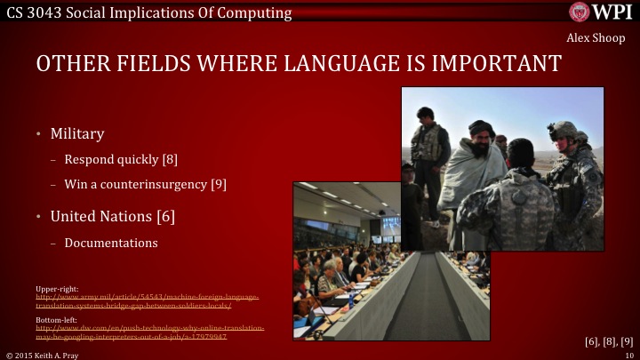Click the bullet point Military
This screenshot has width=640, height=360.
tap(77, 134)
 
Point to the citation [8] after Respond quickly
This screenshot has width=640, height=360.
tap(170, 161)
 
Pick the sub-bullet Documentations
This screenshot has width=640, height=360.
tap(111, 243)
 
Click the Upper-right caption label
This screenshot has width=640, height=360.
tap(56, 287)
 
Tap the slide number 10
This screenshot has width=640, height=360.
tap(628, 354)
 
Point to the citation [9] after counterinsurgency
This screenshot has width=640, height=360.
tap(219, 185)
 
